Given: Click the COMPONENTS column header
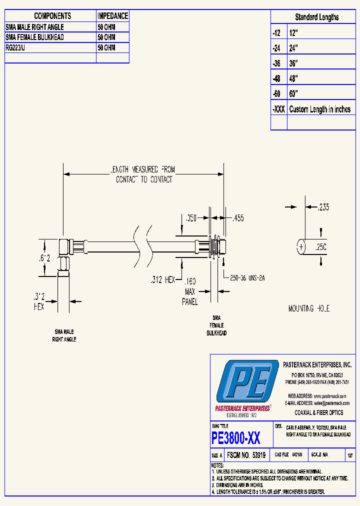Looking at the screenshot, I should click(52, 16).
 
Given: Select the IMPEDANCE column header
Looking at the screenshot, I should click(112, 16).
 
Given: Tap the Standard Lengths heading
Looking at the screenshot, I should click(316, 17).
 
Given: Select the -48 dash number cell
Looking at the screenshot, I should click(277, 78).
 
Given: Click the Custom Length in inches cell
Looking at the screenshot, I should click(320, 109).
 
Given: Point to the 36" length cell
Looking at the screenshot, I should click(293, 63).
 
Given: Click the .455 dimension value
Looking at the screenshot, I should click(238, 217).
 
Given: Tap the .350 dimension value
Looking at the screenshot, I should click(190, 217).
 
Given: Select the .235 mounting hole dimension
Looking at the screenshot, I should click(323, 207).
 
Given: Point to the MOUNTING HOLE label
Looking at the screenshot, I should click(309, 308).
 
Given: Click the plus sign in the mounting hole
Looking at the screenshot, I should click(301, 246).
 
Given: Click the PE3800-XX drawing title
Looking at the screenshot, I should click(236, 438).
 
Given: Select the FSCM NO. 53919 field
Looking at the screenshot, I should click(245, 455).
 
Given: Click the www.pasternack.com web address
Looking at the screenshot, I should click(330, 395).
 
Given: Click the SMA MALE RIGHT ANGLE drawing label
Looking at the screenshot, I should click(64, 335).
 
